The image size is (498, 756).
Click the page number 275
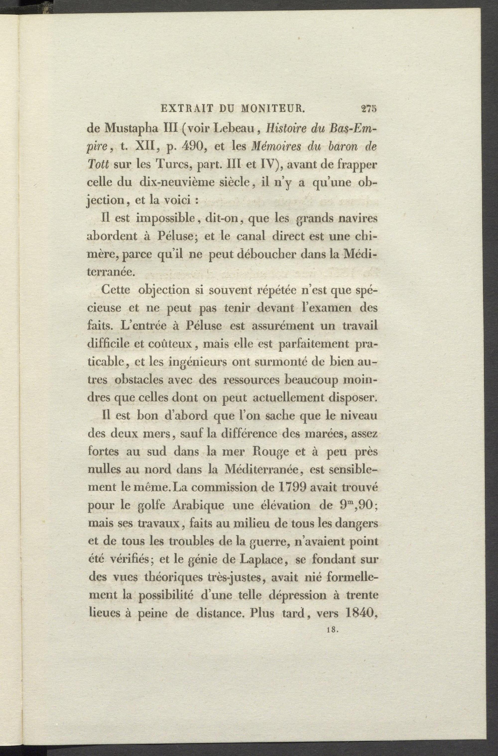(369, 109)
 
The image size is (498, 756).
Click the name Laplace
(262, 560)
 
